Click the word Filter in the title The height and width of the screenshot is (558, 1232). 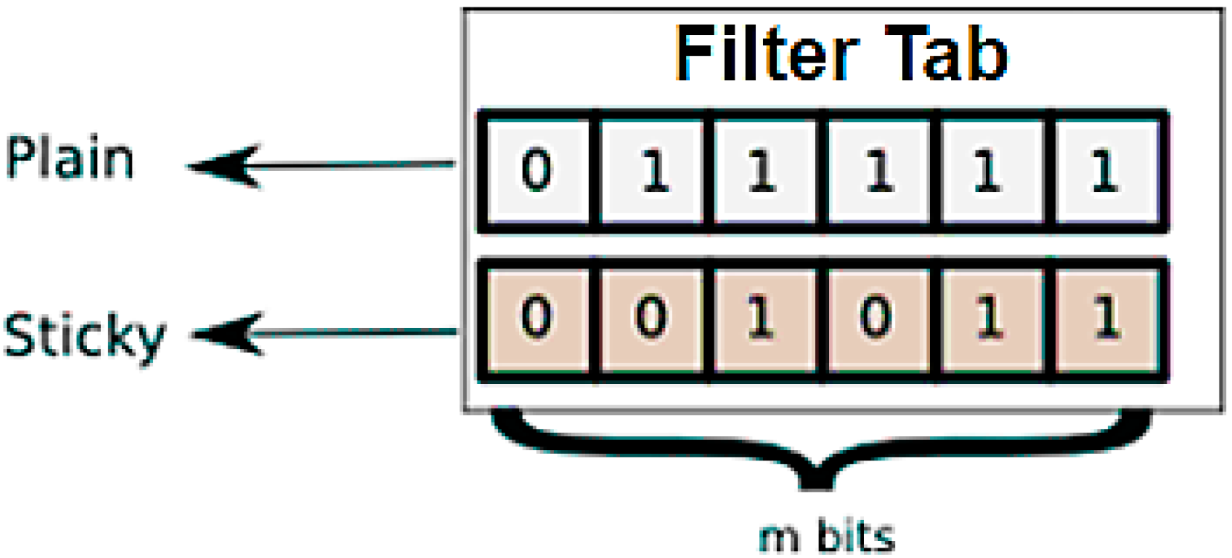[766, 54]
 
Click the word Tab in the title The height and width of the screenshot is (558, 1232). [946, 54]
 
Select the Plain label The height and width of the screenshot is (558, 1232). [69, 158]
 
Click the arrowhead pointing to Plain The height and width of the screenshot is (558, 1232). [223, 165]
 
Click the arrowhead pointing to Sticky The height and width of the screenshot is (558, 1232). [227, 334]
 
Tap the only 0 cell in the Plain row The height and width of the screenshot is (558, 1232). [537, 171]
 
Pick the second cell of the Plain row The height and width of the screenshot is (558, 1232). [652, 171]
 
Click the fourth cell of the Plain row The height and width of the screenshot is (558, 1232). [879, 171]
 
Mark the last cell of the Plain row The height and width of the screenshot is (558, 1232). [1106, 171]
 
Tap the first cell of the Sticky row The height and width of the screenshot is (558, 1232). [537, 318]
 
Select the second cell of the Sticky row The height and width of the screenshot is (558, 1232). [652, 318]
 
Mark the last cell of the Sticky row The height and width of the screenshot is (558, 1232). [1106, 318]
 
